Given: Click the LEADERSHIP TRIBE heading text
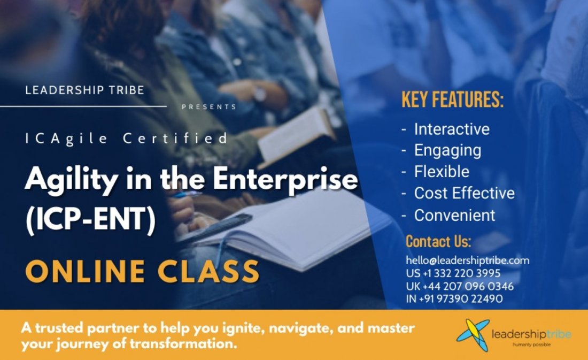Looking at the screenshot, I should pos(84,90).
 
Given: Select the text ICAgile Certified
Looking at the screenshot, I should pos(127,139).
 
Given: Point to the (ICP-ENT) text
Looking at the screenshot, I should pos(90,221).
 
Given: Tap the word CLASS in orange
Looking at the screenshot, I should pos(214,272).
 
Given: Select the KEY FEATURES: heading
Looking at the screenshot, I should pos(452,101).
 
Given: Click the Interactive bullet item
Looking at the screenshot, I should pos(452,129).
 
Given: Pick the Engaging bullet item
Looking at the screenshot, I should pos(447,150).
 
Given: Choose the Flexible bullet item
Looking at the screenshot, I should pos(442,172).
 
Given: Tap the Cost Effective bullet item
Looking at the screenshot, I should pos(464,193).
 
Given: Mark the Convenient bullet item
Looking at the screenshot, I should pos(454,215).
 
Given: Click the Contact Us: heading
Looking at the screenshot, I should pos(438,241).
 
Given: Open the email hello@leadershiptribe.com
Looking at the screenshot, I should pos(468,261).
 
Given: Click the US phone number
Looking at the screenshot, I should pos(453,274).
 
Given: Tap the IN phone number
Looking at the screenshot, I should pos(454,298).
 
